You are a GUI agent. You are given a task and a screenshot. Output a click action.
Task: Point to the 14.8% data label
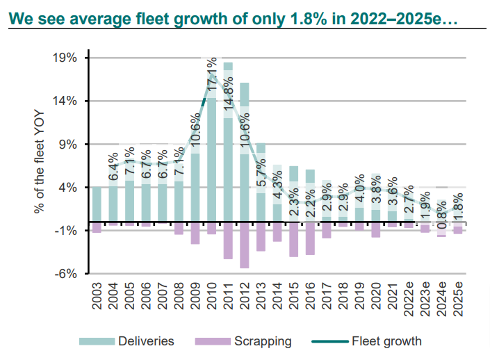[228, 104]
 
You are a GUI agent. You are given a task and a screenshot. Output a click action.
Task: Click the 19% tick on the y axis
[67, 58]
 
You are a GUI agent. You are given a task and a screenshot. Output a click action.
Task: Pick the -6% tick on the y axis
[67, 274]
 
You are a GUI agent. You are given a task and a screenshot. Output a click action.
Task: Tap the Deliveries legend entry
[126, 341]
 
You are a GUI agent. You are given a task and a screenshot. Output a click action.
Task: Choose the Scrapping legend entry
[243, 341]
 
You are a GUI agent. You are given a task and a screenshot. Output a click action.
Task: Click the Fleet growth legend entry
[366, 341]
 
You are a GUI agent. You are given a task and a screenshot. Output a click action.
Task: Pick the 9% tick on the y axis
[70, 145]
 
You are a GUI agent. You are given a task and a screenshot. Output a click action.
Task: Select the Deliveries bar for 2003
[97, 205]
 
